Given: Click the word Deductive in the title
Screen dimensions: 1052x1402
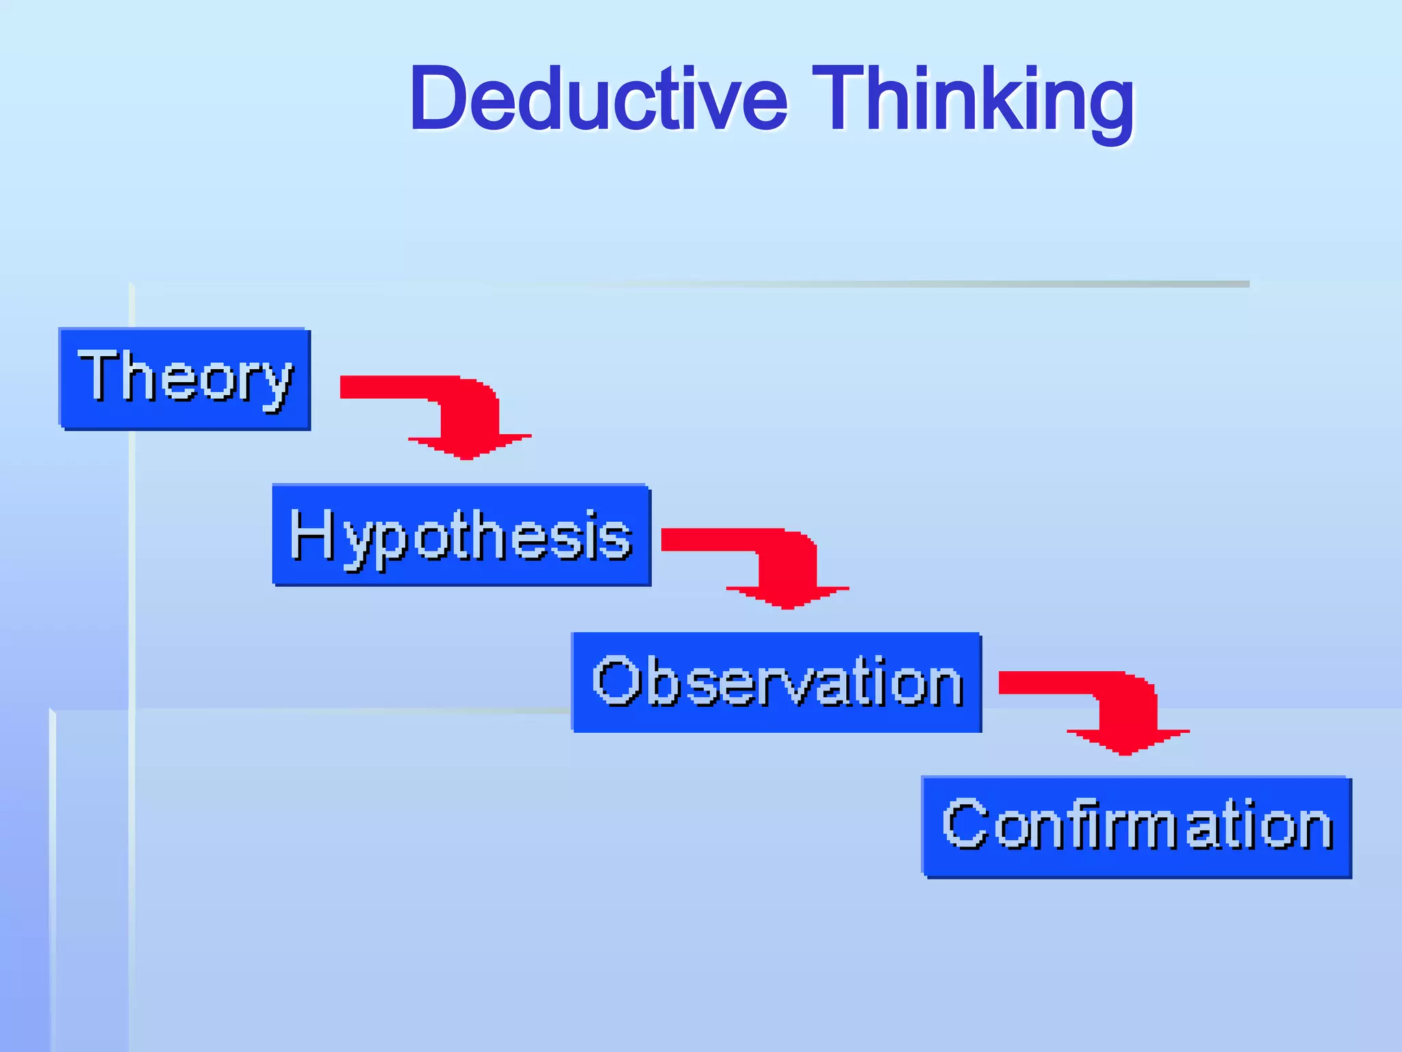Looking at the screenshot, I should (599, 99).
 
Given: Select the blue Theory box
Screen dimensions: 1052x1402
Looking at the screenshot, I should (185, 379).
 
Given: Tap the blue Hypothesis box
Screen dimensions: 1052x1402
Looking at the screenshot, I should (461, 535).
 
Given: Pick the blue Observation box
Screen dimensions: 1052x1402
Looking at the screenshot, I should (776, 682).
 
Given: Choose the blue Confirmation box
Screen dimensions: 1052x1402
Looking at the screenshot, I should (1136, 827).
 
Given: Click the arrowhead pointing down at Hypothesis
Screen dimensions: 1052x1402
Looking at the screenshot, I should (469, 445).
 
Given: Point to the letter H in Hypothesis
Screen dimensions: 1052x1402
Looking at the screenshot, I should (312, 534).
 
